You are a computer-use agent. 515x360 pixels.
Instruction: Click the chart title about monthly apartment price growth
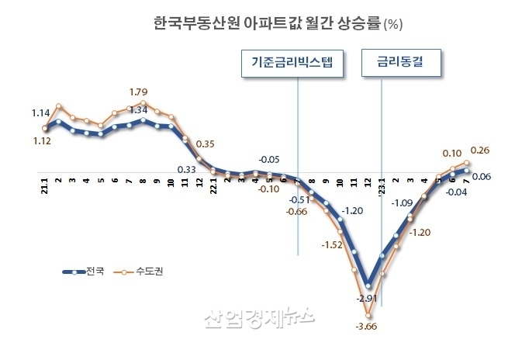268,25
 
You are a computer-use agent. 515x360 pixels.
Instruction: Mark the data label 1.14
41,113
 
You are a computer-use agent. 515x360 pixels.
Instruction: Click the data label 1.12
41,141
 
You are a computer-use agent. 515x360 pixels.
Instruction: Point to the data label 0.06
482,177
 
